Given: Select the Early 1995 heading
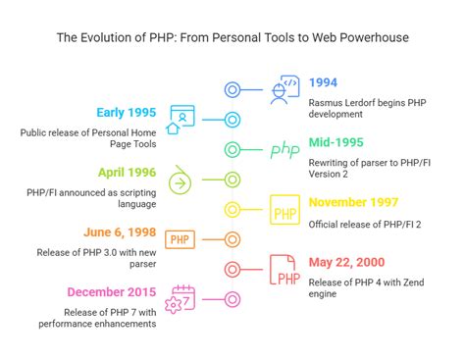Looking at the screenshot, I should coord(126,111).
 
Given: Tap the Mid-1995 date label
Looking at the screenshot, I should coord(337,142).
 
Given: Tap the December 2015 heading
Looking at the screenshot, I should coord(111,292).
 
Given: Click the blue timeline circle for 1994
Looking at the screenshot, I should coord(232,90).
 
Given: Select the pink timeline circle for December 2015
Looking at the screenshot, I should coord(232,299).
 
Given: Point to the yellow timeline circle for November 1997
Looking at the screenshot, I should coord(232,210).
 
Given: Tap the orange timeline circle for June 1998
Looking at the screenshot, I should coord(232,239).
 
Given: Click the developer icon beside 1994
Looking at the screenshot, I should coord(284,90).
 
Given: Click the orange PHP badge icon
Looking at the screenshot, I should coord(181,239).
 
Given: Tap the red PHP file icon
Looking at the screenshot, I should coord(284,271).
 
